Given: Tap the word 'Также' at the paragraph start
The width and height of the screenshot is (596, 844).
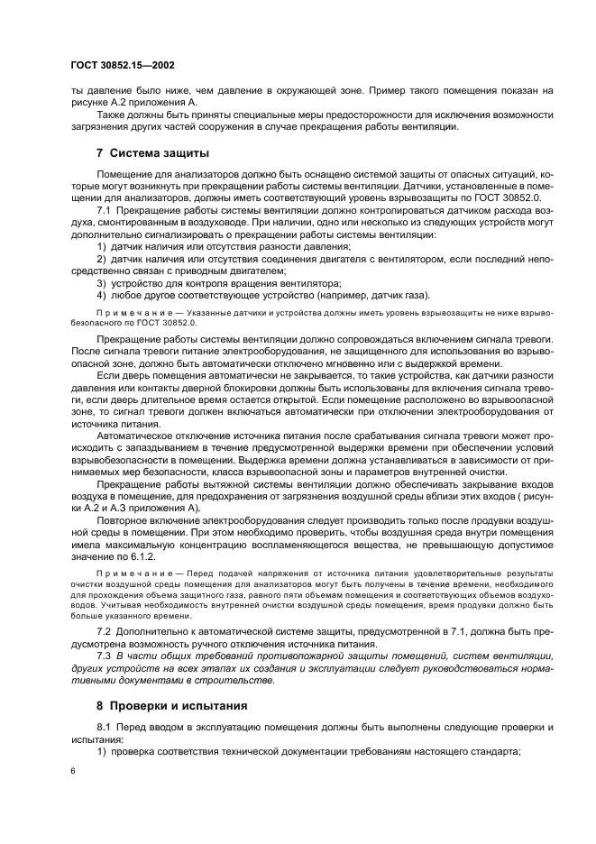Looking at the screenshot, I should tap(111, 115).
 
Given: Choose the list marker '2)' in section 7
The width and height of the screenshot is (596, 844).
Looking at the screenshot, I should tap(101, 259).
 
